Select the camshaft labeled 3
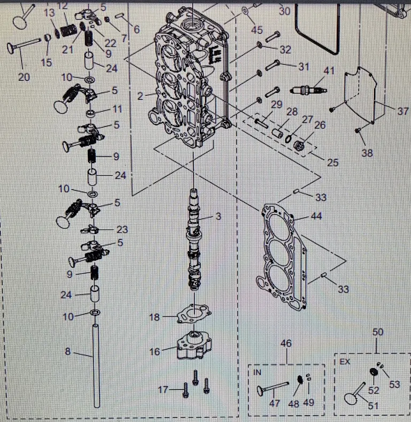pyautogui.click(x=194, y=240)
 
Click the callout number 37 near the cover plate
pyautogui.click(x=402, y=111)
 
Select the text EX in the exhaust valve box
pyautogui.click(x=345, y=361)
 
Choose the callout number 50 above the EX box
pyautogui.click(x=378, y=332)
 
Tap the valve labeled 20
pyautogui.click(x=24, y=45)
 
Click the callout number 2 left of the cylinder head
pyautogui.click(x=140, y=96)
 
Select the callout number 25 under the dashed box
pyautogui.click(x=332, y=162)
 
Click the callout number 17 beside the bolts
pyautogui.click(x=163, y=390)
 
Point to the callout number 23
pyautogui.click(x=122, y=230)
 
